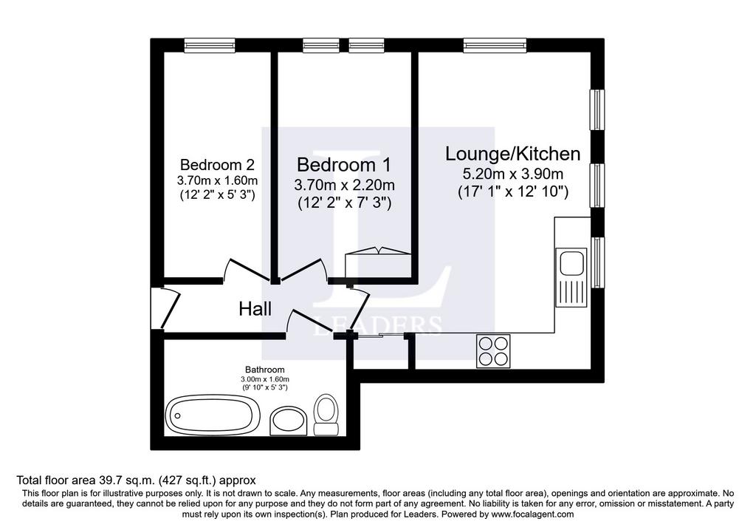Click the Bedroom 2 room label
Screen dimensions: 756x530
point(217,165)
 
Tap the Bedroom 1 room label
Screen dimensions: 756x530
point(344,165)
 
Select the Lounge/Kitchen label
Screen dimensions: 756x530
point(512,154)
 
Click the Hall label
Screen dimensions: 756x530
point(255,309)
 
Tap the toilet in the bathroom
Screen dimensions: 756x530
point(326,415)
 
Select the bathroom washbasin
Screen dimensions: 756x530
point(288,421)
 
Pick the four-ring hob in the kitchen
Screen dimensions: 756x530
point(493,351)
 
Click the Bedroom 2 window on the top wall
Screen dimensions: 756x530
point(210,45)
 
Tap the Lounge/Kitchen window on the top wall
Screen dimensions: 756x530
point(495,45)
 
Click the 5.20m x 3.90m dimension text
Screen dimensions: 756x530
point(513,174)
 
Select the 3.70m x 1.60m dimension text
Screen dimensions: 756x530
point(218,181)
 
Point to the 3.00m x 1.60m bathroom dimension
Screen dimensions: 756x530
point(265,379)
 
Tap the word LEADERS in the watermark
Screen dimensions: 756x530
point(378,325)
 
